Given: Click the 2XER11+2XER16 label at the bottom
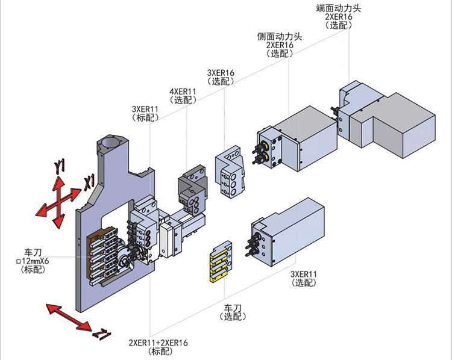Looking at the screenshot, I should [x=158, y=343].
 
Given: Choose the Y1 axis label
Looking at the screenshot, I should [x=59, y=166].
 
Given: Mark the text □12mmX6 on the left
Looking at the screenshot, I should [x=37, y=261].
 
